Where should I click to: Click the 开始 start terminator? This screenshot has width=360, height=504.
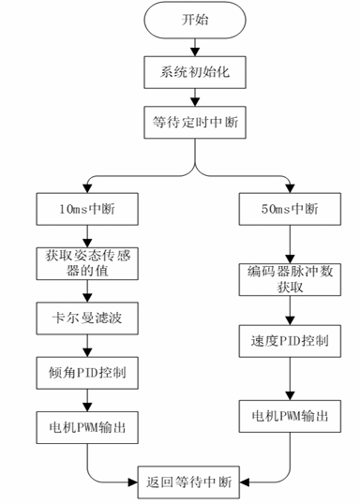pos(195,21)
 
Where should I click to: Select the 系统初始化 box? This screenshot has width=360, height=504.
pos(195,71)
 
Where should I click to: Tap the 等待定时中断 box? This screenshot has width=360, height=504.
pos(195,122)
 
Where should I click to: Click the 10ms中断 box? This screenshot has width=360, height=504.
pos(87,206)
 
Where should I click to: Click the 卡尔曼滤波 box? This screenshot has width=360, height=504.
pos(87,319)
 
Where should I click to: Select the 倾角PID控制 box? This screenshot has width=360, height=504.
pos(87,372)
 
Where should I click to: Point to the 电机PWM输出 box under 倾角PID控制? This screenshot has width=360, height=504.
pos(87,425)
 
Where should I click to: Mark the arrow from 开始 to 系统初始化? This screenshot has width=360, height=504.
pos(195,46)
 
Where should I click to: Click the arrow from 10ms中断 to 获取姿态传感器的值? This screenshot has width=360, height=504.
pos(87,231)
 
